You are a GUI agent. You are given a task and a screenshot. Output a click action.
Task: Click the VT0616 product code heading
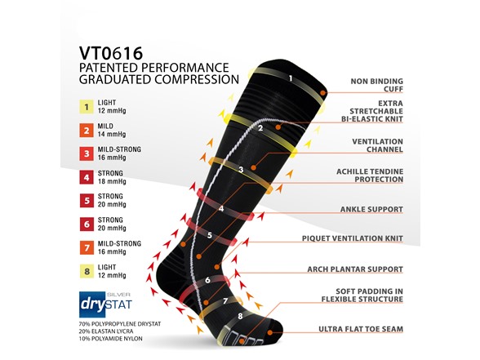tap(111, 53)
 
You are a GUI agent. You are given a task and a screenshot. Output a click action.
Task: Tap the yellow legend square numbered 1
tap(87, 107)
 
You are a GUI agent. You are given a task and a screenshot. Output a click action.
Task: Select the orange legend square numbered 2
tap(87, 131)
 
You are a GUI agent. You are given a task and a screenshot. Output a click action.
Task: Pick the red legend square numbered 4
tap(87, 178)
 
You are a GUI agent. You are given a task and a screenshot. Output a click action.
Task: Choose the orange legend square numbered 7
tap(87, 248)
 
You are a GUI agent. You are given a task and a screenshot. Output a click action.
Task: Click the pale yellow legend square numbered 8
tap(87, 272)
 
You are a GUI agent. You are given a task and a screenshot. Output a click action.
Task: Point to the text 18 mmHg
tap(112, 181)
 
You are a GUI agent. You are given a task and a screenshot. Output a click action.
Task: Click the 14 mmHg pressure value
tap(112, 135)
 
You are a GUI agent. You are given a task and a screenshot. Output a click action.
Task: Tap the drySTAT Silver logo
tap(105, 304)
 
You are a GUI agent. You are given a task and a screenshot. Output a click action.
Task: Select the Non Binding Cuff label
tap(377, 85)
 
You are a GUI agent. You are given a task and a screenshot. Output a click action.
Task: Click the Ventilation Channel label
tap(377, 145)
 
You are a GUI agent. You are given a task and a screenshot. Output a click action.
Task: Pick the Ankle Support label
tap(371, 209)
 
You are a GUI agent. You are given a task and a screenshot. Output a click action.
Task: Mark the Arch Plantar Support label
tap(355, 269)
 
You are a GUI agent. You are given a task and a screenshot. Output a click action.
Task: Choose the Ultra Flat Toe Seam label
tap(361, 329)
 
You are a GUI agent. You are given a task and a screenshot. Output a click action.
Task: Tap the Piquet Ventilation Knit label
tap(353, 238)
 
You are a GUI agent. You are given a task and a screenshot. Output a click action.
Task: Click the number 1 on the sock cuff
tap(291, 78)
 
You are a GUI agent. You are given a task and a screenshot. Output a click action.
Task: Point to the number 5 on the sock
tap(210, 235)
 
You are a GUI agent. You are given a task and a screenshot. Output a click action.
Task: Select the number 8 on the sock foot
tap(240, 316)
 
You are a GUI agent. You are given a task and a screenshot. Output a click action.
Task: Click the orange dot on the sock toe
tap(270, 332)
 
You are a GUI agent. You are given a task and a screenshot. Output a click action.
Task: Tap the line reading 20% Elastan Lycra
tap(106, 331)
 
